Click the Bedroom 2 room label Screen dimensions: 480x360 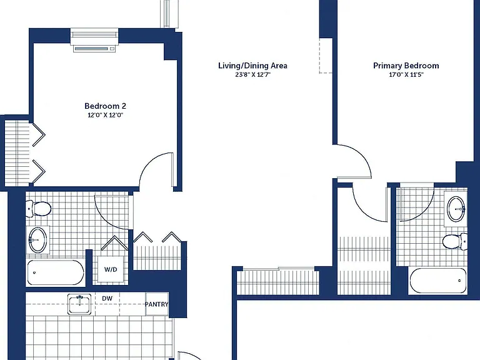coord(105,106)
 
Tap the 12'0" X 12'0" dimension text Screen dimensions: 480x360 coord(105,115)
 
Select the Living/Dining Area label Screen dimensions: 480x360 coord(252,66)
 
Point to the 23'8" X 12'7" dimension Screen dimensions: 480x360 coord(252,75)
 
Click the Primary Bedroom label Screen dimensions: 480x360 coord(406,66)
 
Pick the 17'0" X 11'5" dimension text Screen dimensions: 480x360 coord(406,75)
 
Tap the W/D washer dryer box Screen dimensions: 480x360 coord(111,269)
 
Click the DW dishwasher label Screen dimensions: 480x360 coord(107,299)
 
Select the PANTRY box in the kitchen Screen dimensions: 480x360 coord(156,304)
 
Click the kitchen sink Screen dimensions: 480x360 coord(79,304)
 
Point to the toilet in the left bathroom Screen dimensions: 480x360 coord(38,209)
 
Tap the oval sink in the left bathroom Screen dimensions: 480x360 coord(38,240)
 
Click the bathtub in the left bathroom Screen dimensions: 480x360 coord(56,272)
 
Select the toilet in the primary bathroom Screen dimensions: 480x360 coord(455,241)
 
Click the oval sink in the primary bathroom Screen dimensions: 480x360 coord(456,209)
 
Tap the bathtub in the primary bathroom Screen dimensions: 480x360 coord(438,281)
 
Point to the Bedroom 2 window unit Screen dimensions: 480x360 coord(94,41)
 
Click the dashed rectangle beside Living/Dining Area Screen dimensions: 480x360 coord(326,56)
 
